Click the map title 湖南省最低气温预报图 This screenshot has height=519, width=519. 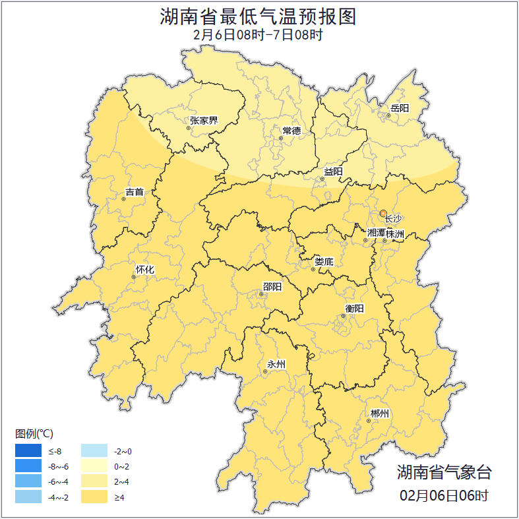259,16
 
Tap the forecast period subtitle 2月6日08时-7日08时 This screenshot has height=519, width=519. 259,35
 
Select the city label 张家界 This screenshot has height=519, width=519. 204,121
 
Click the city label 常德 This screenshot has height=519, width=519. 291,131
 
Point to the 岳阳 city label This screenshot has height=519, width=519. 400,108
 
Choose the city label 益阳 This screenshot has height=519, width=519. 333,172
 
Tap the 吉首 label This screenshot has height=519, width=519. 135,193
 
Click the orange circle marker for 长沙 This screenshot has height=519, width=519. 383,213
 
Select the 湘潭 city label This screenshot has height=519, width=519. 376,233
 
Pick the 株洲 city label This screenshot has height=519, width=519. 395,233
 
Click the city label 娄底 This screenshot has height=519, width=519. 324,262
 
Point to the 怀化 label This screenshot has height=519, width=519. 144,270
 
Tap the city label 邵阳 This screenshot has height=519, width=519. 272,286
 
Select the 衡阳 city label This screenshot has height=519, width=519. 354,309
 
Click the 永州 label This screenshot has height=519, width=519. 276,364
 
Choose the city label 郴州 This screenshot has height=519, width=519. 380,414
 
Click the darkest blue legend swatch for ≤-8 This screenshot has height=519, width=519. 29,451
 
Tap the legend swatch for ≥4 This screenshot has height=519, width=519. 94,497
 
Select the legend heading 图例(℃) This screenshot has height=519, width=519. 34,434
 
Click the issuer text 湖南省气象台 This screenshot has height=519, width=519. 444,472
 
